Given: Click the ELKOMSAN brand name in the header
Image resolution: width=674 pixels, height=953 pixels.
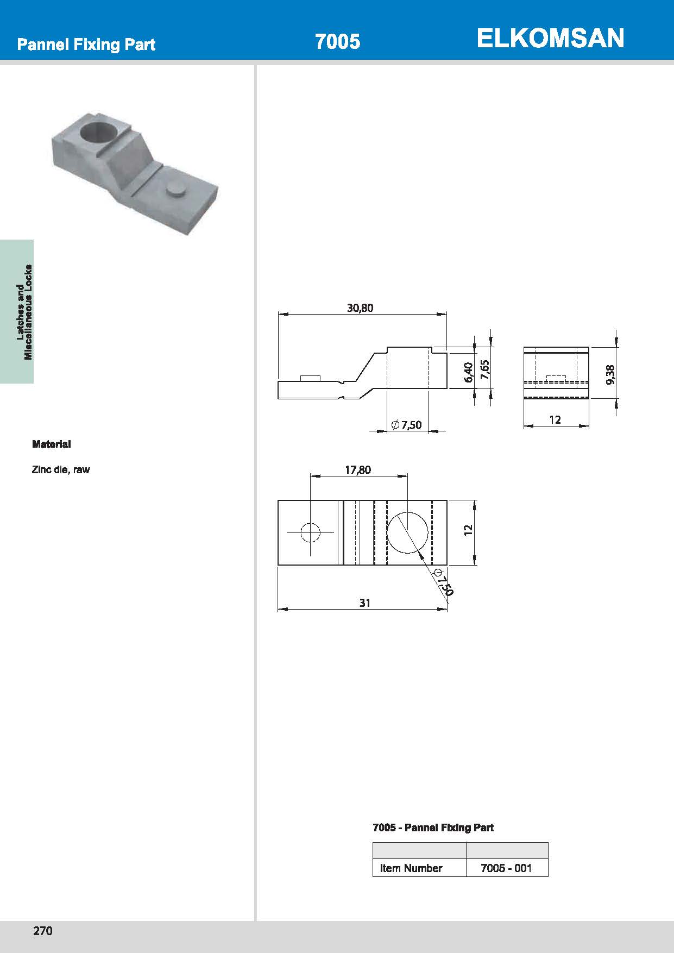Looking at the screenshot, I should (x=550, y=39).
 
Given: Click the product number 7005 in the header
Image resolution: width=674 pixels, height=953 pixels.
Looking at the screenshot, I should (x=337, y=42).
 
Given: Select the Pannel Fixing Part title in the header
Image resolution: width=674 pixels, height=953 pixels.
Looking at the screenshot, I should (x=86, y=45).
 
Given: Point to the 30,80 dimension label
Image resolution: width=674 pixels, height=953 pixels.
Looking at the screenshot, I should (x=360, y=308).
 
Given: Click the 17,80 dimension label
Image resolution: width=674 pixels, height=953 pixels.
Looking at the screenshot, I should (x=358, y=469).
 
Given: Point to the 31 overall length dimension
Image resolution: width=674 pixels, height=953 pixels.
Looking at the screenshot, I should (x=364, y=603).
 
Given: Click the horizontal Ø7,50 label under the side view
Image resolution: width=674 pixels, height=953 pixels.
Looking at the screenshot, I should (x=406, y=425).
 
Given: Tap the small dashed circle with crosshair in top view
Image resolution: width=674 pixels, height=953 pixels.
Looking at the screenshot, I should (x=310, y=532).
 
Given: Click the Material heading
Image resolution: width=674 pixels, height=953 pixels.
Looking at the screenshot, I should (x=52, y=444).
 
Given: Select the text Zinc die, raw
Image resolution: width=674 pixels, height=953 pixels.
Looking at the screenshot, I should (x=61, y=469).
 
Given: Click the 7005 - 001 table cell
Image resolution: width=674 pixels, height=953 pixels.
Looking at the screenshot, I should (x=506, y=868).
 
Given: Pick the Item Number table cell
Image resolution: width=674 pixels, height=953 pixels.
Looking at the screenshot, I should (x=411, y=868).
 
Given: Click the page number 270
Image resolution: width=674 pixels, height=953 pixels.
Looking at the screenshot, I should (x=43, y=931).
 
